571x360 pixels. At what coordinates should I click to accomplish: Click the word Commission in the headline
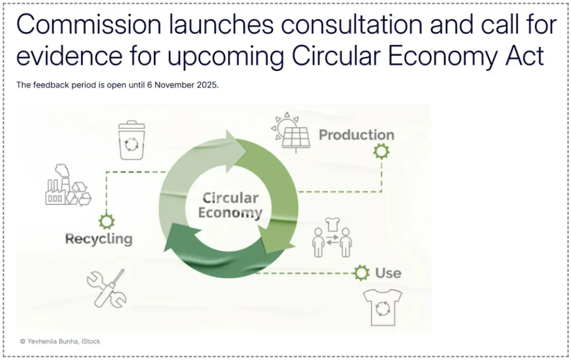tap(89, 24)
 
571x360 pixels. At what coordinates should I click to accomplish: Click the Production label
tap(356, 135)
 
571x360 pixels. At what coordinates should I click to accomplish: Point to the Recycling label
tap(99, 239)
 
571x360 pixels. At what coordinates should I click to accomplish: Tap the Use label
tap(388, 273)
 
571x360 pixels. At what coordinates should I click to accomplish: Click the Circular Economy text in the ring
tap(231, 205)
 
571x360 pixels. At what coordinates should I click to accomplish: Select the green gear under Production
tap(381, 151)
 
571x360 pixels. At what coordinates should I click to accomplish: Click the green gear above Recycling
tap(106, 221)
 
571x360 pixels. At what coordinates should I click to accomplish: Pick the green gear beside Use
tap(361, 272)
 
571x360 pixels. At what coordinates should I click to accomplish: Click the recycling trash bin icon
tap(131, 140)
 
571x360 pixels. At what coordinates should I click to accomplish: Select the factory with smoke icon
tap(68, 185)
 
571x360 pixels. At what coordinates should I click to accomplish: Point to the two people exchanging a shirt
tap(332, 237)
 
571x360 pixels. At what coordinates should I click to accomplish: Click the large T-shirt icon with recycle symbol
tap(383, 307)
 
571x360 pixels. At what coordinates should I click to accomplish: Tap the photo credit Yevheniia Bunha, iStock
tap(60, 341)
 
